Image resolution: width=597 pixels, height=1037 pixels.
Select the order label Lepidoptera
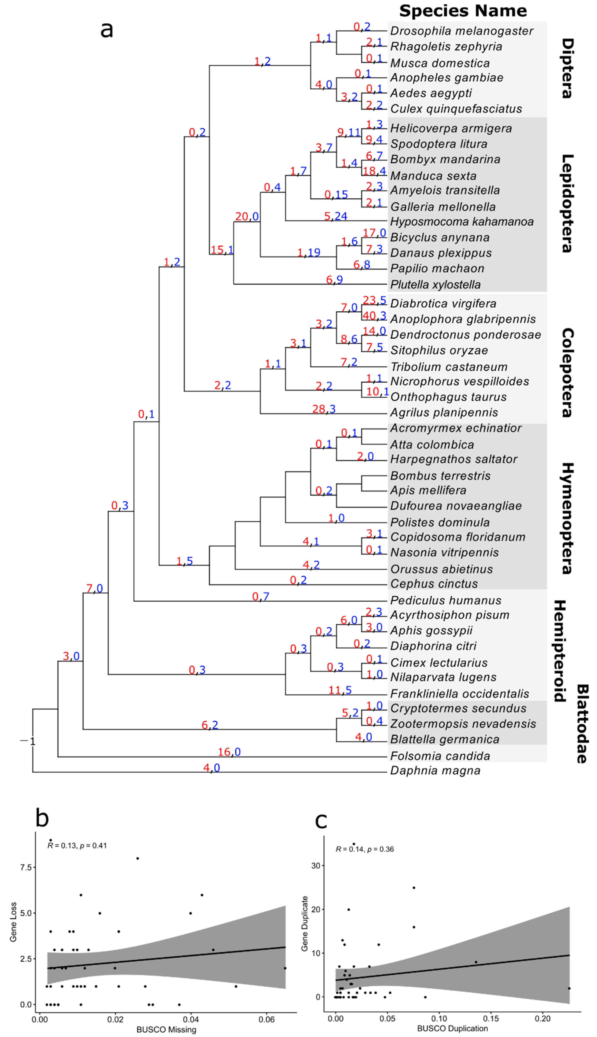point(567,203)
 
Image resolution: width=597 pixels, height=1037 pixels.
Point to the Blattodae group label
point(582,724)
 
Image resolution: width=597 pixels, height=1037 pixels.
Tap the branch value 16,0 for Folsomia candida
point(229,752)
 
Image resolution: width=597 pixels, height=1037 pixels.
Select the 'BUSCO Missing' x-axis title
point(166,1029)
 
